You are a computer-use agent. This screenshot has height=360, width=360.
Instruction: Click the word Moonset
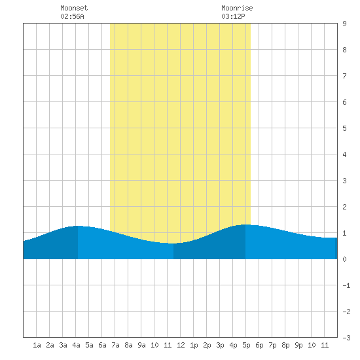(74, 8)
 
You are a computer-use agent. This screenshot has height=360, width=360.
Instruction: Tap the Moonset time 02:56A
(72, 16)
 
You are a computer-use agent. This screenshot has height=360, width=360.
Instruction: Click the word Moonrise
(237, 8)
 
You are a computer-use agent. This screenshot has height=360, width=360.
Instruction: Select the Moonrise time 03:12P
(233, 16)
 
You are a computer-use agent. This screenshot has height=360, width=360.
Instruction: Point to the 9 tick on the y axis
(344, 24)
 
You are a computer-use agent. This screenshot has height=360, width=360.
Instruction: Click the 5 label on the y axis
(344, 128)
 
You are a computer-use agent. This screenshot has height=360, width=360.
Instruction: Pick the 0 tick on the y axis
(344, 259)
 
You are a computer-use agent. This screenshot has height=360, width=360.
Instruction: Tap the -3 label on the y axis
(346, 338)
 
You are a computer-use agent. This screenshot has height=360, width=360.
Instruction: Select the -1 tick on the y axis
(346, 285)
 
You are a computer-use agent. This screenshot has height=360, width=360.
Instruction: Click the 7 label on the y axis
(344, 76)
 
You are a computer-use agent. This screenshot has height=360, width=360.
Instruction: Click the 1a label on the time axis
(37, 345)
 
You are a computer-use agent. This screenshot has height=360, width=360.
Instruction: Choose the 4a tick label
(76, 345)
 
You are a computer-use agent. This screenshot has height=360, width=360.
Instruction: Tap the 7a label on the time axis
(115, 345)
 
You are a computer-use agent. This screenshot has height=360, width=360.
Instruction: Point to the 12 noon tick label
(181, 345)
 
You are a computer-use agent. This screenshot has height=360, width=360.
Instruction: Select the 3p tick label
(220, 345)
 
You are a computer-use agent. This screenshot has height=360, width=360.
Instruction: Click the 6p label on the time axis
(259, 345)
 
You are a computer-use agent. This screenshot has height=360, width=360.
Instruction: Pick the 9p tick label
(298, 345)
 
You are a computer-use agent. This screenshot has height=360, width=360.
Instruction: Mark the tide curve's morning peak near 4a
(78, 226)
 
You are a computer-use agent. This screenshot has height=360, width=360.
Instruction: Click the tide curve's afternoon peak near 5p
(245, 225)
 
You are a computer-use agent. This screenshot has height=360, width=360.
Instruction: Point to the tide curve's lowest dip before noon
(173, 243)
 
